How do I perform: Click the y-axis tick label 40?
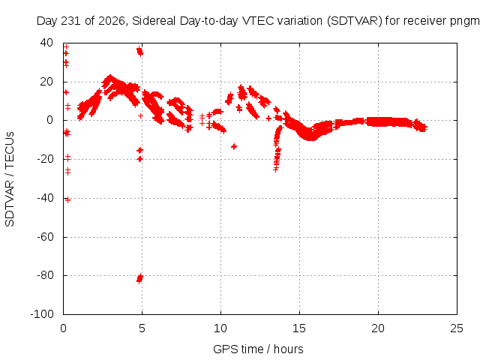pos(46,43)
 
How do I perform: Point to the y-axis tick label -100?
pos(42,314)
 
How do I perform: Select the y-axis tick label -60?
pos(45,237)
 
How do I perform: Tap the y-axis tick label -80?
pos(45,275)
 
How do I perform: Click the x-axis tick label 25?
pos(457,328)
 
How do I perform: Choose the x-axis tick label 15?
pos(299,328)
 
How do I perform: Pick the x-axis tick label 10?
pos(220,328)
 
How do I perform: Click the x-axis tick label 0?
pos(63,328)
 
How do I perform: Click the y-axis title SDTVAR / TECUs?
pos(10,179)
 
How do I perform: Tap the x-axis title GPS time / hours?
pos(258,349)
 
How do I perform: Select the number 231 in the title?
pos(70,21)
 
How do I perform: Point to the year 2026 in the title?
pos(112,21)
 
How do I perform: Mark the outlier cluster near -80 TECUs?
pos(139,278)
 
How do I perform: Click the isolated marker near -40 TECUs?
pos(67,200)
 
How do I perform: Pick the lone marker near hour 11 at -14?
pos(234,147)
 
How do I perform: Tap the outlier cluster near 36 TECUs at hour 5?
pos(139,51)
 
